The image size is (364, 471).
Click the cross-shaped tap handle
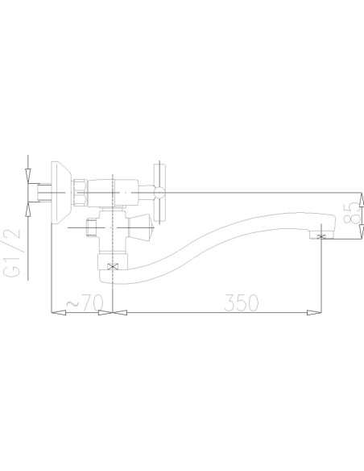(x=159, y=192)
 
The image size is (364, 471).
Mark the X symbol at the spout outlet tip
(x=323, y=235)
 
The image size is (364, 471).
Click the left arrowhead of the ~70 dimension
(x=55, y=312)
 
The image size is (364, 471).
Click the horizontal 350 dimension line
(x=218, y=312)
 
